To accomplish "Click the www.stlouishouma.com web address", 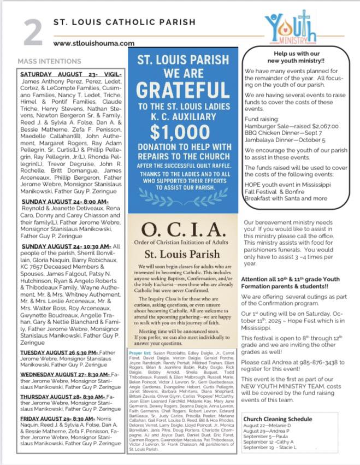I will point(93,43).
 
